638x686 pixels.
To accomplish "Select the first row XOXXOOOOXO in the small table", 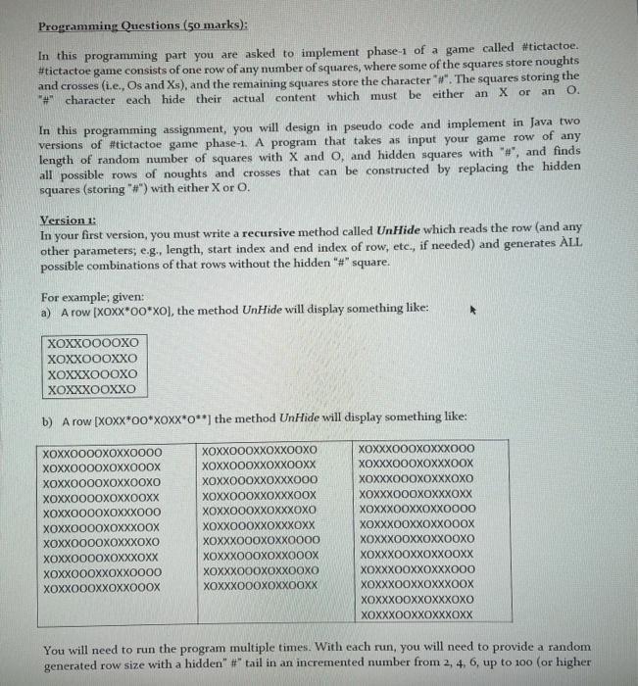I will (x=92, y=344).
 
